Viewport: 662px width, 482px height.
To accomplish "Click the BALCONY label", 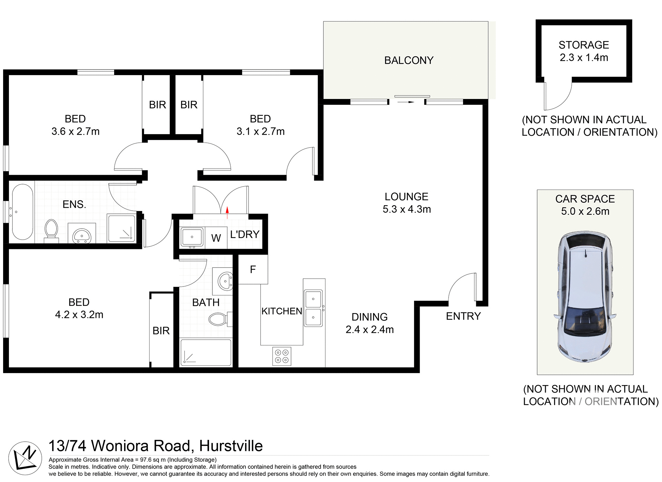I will click(409, 60).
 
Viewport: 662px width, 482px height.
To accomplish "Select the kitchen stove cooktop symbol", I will click(282, 356).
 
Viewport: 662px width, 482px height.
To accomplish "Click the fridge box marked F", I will click(253, 269).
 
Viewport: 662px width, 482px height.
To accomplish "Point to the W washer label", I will click(216, 238).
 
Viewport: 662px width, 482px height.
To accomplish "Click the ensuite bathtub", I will click(23, 212).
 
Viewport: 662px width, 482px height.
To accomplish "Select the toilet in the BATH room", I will click(219, 319).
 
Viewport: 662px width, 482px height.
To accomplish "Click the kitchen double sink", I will click(313, 308).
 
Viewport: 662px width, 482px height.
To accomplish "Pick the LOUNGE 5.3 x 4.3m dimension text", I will click(407, 209).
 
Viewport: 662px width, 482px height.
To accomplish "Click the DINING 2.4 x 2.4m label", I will click(370, 323).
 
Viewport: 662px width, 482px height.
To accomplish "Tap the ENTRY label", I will click(463, 316).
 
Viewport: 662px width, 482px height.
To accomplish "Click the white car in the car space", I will click(585, 297).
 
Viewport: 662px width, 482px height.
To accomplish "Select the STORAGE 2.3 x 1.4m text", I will click(584, 51).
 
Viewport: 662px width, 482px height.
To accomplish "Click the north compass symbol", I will click(25, 458).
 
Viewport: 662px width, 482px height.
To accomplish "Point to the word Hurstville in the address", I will click(231, 446).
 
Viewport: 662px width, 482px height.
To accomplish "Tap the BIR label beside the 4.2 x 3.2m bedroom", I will click(161, 331).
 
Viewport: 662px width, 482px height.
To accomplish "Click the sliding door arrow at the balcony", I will click(406, 102).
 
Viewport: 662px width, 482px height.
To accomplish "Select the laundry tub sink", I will click(192, 237).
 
